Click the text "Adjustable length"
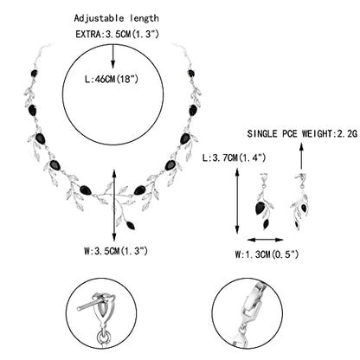click(x=116, y=18)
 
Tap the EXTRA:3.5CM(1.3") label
click(x=117, y=34)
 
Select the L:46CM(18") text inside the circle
click(x=112, y=79)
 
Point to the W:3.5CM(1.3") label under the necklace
click(x=116, y=251)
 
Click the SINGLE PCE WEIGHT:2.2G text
click(x=302, y=133)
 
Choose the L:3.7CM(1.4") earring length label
click(x=234, y=157)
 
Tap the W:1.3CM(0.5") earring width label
click(x=267, y=254)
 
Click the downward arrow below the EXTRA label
click(x=112, y=56)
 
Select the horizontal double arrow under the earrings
click(x=266, y=240)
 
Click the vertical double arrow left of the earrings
click(x=237, y=201)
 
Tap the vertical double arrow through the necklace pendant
click(x=114, y=205)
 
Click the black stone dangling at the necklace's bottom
click(x=132, y=225)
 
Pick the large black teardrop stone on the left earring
click(x=260, y=209)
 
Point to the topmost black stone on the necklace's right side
click(x=191, y=74)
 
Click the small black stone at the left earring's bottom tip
click(x=266, y=224)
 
